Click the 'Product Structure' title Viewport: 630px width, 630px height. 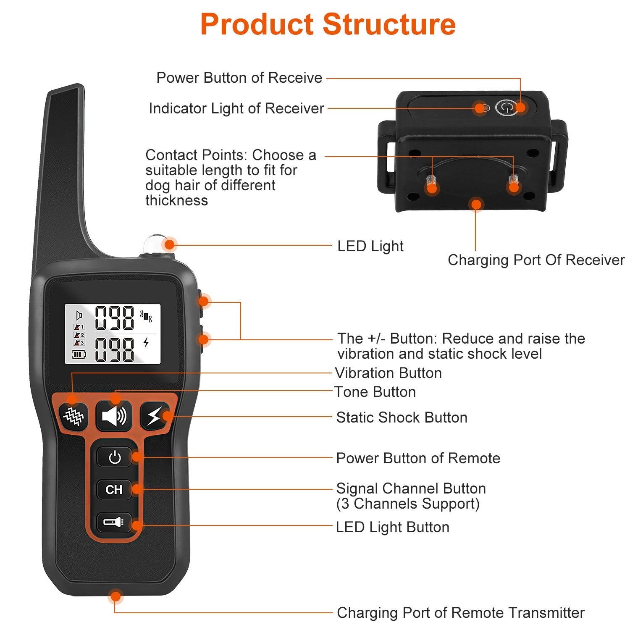(x=328, y=24)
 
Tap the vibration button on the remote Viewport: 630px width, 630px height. (x=73, y=416)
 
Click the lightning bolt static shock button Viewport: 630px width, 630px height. (x=154, y=416)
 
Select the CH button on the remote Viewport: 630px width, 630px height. (x=114, y=490)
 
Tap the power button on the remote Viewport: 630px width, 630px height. (x=114, y=457)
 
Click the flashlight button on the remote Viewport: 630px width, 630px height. (x=114, y=522)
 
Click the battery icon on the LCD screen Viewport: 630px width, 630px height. (x=79, y=354)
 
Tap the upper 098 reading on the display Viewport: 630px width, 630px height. (x=114, y=318)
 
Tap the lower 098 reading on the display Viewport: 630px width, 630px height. (x=114, y=349)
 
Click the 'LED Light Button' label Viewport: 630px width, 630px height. (x=392, y=527)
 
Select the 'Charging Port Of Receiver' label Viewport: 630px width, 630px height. (x=536, y=260)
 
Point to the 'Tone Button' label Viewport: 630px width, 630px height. (x=375, y=392)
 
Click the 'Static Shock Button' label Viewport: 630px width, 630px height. (x=402, y=417)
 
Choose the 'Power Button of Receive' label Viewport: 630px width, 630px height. (x=239, y=78)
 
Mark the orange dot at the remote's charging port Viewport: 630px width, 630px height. (x=115, y=596)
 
